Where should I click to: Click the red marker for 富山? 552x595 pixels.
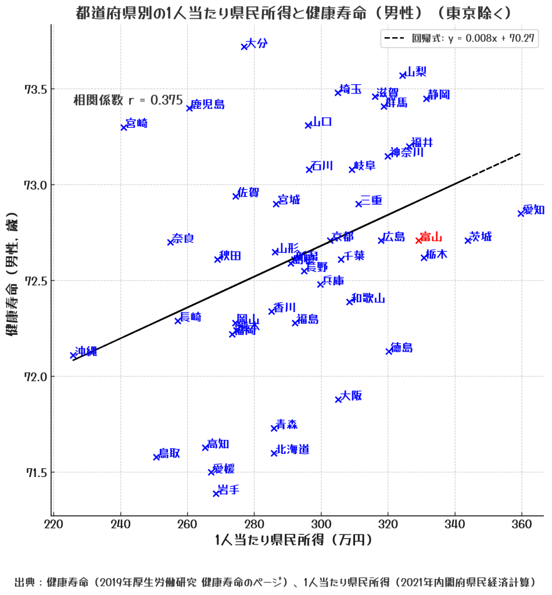[418, 241]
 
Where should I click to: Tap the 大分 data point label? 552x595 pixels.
[257, 43]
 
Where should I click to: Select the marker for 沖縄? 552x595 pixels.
[73, 355]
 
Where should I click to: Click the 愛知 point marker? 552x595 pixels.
[521, 213]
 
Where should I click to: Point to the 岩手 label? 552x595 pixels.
[228, 489]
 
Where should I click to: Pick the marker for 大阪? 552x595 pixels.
[338, 399]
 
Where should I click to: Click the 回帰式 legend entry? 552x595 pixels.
[459, 39]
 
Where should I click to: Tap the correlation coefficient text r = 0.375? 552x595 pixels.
[128, 100]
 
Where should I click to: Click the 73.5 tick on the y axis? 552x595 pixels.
[35, 89]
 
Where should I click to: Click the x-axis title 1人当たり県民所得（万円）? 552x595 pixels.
[293, 540]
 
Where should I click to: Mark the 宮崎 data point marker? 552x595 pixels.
[124, 127]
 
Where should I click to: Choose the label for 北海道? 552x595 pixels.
[293, 449]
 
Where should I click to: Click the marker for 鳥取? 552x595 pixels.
[156, 457]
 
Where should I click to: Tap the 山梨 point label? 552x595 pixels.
[416, 71]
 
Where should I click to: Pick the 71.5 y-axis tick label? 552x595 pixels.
[35, 472]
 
